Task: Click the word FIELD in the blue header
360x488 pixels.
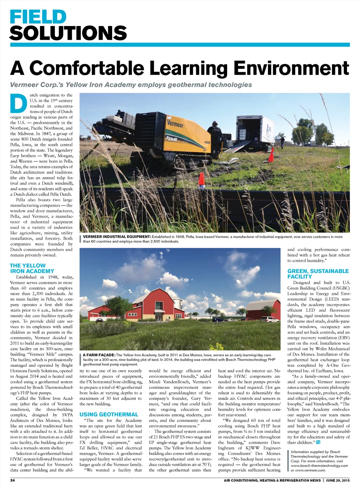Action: [x=38, y=17]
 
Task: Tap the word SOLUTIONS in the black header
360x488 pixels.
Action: [x=68, y=33]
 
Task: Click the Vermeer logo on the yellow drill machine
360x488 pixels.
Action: [x=175, y=124]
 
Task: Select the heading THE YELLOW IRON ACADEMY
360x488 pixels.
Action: [x=32, y=268]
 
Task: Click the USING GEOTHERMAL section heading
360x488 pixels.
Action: [x=109, y=415]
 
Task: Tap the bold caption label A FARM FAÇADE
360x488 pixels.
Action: [x=99, y=355]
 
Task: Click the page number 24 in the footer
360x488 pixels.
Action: [x=12, y=480]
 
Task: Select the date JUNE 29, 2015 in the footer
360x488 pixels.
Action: [x=337, y=480]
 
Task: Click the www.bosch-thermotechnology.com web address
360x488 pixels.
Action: [x=319, y=466]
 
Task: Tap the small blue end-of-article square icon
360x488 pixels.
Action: [x=318, y=442]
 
